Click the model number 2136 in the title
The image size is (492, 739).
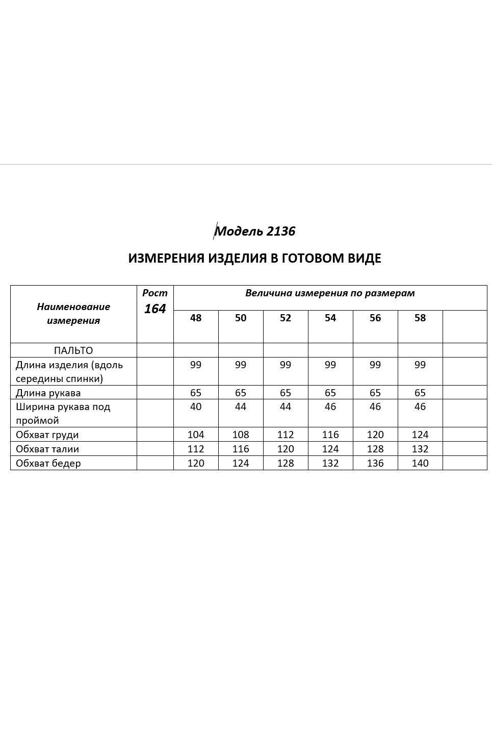(x=280, y=232)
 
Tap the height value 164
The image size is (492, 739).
(x=155, y=309)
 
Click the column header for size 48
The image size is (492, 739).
(x=196, y=318)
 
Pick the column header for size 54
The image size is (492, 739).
(x=330, y=318)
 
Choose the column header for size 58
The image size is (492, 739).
(x=420, y=318)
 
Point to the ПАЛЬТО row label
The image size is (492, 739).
(x=73, y=350)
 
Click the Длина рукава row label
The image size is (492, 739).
(x=48, y=393)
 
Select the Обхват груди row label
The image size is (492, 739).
(x=47, y=435)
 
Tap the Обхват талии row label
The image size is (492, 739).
(x=47, y=449)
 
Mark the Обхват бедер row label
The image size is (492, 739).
(x=48, y=463)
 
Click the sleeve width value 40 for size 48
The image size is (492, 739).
(x=196, y=407)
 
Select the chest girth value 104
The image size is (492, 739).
(x=196, y=435)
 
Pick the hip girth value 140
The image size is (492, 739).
(x=420, y=463)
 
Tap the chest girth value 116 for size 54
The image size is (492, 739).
(x=330, y=435)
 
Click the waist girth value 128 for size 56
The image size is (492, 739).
(x=375, y=449)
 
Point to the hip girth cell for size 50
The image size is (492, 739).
(x=241, y=463)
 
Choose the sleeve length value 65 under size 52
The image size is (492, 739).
(x=286, y=393)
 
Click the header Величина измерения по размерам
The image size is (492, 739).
(x=330, y=293)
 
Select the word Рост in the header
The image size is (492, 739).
(x=155, y=293)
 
